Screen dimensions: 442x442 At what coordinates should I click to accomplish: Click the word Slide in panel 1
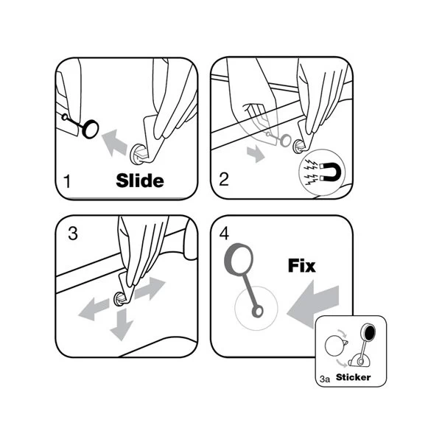[x=140, y=180]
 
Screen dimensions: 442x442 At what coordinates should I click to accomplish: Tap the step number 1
[x=67, y=181]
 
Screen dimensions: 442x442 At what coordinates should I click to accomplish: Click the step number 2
[x=224, y=179]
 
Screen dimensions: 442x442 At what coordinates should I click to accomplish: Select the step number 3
[x=73, y=234]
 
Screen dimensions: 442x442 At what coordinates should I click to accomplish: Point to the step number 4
[x=224, y=234]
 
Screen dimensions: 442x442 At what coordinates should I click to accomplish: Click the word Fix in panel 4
[x=301, y=265]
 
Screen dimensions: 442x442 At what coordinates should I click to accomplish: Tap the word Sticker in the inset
[x=353, y=377]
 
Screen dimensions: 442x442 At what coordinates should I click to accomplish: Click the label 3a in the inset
[x=325, y=379]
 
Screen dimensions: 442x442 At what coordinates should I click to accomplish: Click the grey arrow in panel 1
[x=114, y=143]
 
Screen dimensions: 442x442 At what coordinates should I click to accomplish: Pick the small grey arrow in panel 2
[x=256, y=154]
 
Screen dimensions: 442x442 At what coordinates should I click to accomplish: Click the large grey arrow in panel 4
[x=313, y=304]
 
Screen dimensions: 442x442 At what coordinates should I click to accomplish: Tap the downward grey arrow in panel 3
[x=122, y=324]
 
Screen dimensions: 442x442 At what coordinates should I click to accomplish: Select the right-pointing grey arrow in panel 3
[x=150, y=289]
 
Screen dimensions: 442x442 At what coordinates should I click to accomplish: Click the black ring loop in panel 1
[x=91, y=129]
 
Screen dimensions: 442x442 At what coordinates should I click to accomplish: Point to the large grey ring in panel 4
[x=239, y=259]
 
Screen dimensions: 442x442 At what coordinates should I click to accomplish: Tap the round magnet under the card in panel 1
[x=139, y=155]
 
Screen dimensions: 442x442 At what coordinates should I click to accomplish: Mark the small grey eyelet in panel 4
[x=257, y=312]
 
